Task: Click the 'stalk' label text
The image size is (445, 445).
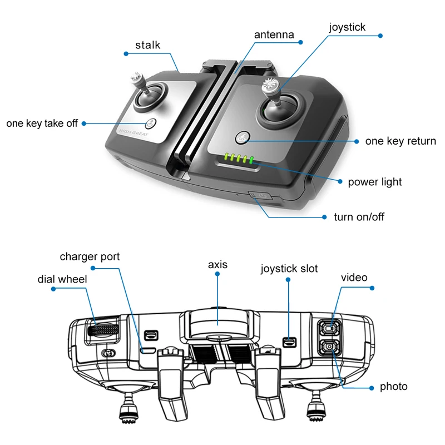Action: pos(147,45)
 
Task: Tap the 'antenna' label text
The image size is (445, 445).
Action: pos(274,34)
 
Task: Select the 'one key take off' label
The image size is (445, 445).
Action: pos(42,123)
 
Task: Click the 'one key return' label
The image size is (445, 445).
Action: pos(400,141)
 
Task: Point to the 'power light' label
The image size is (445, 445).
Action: pos(375,182)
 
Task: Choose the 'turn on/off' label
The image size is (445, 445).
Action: pos(359,217)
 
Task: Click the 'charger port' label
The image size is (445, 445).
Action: pos(90,257)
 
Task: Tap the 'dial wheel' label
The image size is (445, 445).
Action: pos(62,279)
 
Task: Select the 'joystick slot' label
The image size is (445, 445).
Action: pos(289,269)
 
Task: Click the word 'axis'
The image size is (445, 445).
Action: pos(217,264)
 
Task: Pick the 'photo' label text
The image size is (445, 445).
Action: pos(393,387)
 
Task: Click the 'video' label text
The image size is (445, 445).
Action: pos(354,277)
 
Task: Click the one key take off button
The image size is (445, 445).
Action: pos(150,124)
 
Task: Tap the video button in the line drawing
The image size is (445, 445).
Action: pos(329,329)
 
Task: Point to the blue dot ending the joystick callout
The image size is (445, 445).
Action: pos(380,36)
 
